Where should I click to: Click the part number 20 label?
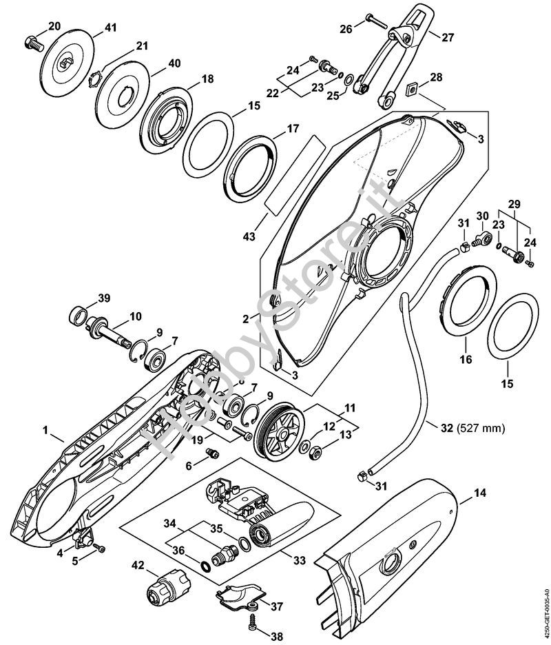tap(54, 25)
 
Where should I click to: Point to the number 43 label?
tap(249, 236)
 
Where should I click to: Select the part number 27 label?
tap(448, 37)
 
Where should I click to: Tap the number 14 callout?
tap(480, 493)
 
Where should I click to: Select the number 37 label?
tap(277, 606)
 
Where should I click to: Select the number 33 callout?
tap(298, 561)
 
